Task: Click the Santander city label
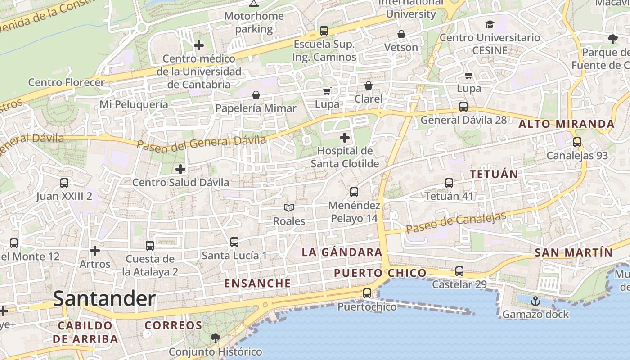[104, 299]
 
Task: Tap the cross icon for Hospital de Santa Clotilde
[345, 138]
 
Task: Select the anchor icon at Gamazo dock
[535, 301]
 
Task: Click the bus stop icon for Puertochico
[367, 293]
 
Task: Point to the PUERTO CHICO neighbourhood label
[380, 273]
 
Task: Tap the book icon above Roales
[289, 207]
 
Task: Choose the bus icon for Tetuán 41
[449, 183]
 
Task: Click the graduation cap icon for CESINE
[490, 24]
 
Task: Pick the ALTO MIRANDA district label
[567, 124]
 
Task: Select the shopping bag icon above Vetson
[401, 34]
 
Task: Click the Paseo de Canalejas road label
[456, 222]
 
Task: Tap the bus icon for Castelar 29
[459, 271]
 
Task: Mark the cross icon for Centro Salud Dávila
[180, 169]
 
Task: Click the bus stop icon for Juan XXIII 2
[64, 183]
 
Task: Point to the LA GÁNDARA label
[342, 252]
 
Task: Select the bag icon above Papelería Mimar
[256, 95]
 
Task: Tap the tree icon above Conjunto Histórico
[216, 338]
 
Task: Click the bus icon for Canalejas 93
[577, 142]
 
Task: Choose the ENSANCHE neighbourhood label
[257, 283]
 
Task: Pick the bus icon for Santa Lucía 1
[234, 242]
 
